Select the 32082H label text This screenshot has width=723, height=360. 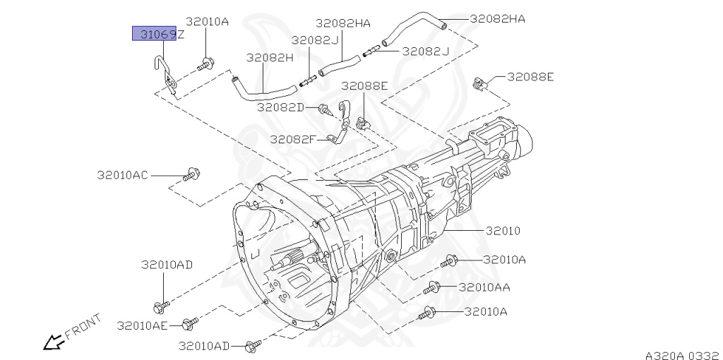(x=269, y=58)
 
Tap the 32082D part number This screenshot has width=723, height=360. (x=280, y=107)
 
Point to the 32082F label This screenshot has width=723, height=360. (x=293, y=138)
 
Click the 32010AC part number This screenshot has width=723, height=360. (x=122, y=174)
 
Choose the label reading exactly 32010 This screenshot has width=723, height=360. (x=503, y=231)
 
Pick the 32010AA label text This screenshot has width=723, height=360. (x=484, y=287)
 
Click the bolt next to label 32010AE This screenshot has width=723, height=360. (x=188, y=325)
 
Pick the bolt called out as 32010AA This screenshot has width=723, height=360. (x=432, y=288)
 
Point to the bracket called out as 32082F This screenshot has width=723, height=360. (x=343, y=124)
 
